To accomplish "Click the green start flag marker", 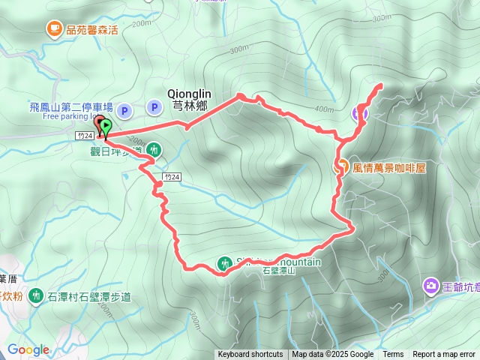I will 106,126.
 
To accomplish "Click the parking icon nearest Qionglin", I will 153,109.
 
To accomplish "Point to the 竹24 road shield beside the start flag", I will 85,136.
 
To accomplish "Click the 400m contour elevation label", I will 324,109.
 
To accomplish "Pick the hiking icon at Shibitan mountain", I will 224,263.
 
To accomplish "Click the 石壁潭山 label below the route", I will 279,271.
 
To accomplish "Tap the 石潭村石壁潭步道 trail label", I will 88,298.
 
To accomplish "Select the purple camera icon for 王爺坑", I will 430,286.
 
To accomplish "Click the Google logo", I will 28,349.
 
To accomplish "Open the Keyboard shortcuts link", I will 250,355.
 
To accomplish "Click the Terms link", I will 393,355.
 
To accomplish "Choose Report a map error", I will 444,355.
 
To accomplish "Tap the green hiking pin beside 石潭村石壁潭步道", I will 35,297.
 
